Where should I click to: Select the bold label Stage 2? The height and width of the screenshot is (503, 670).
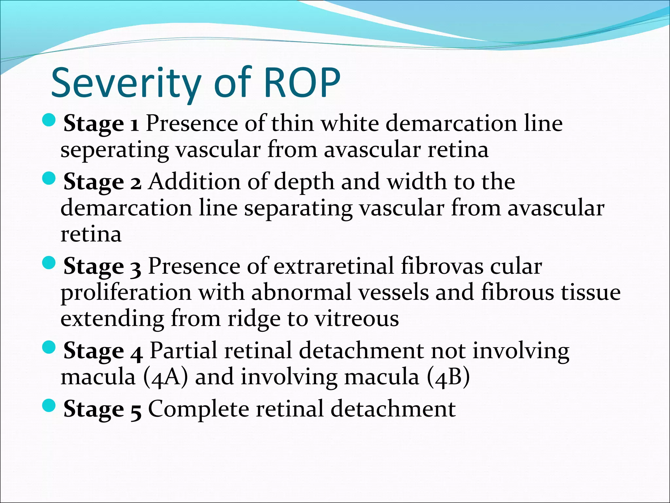(102, 182)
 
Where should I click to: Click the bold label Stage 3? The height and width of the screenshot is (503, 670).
(102, 266)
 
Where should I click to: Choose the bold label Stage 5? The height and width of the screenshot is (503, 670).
(102, 409)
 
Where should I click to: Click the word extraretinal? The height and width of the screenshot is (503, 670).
(333, 266)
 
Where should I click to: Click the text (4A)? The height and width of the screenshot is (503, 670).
(166, 377)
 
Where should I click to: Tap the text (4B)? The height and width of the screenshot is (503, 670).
(448, 377)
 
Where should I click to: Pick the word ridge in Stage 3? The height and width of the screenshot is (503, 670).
(254, 318)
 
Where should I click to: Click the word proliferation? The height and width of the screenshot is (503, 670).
(126, 292)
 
